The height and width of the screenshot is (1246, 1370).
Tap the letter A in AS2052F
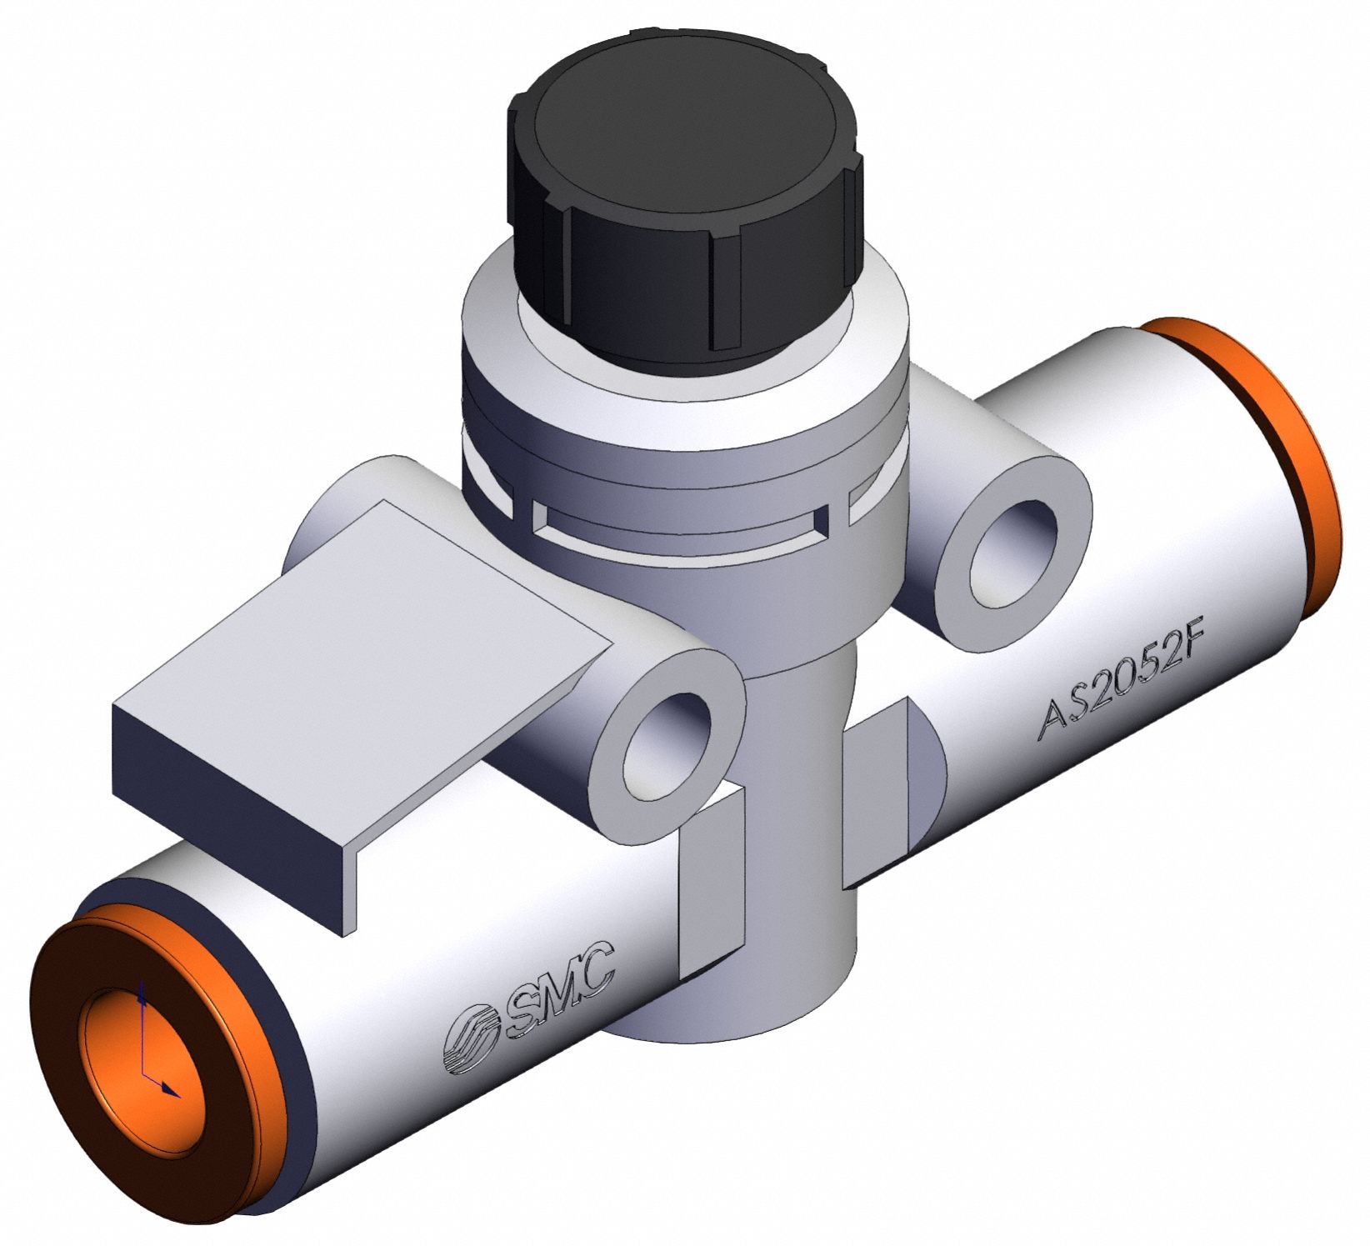pyautogui.click(x=1054, y=726)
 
